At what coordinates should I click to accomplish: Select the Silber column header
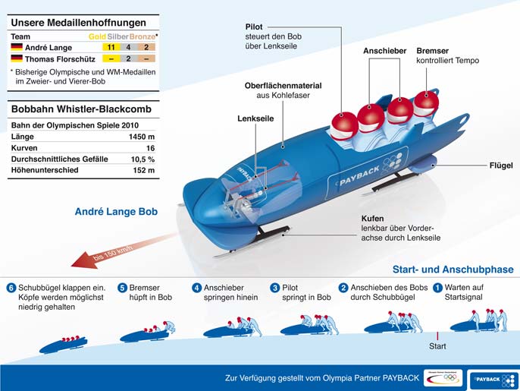[117, 36]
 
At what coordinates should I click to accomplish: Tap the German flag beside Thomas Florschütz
[16, 58]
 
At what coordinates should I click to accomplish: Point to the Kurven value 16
[150, 147]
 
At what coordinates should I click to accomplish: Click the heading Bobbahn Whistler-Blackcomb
[80, 109]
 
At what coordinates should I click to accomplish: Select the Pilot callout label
[254, 27]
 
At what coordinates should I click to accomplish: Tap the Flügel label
[501, 165]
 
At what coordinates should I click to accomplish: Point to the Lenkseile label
[255, 119]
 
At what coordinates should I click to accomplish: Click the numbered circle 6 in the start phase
[11, 288]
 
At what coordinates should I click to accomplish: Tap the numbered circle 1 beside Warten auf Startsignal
[437, 288]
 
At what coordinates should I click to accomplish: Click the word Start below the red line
[437, 346]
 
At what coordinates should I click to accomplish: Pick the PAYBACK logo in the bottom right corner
[492, 377]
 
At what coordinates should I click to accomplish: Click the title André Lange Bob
[116, 212]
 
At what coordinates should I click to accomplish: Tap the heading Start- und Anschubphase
[453, 270]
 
